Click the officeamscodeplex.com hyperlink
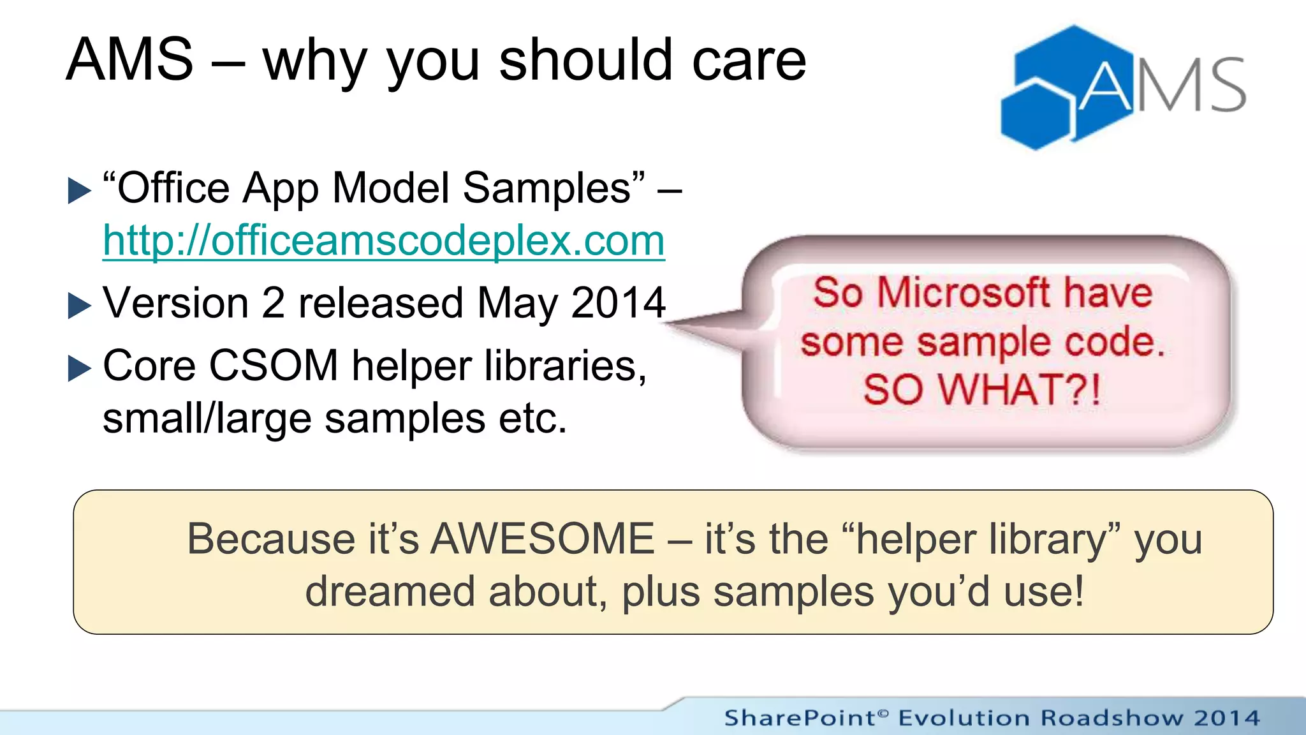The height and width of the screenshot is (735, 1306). pyautogui.click(x=383, y=241)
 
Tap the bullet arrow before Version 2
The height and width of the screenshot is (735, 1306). pyautogui.click(x=80, y=306)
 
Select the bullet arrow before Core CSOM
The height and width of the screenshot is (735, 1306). pyautogui.click(x=80, y=368)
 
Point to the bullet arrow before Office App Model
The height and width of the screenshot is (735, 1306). pyautogui.click(x=80, y=191)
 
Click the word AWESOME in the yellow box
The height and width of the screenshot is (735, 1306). pyautogui.click(x=543, y=539)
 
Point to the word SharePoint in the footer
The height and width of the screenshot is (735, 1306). pyautogui.click(x=800, y=718)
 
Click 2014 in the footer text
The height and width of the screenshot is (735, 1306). pyautogui.click(x=1227, y=718)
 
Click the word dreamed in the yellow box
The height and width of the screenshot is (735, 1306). pyautogui.click(x=390, y=591)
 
